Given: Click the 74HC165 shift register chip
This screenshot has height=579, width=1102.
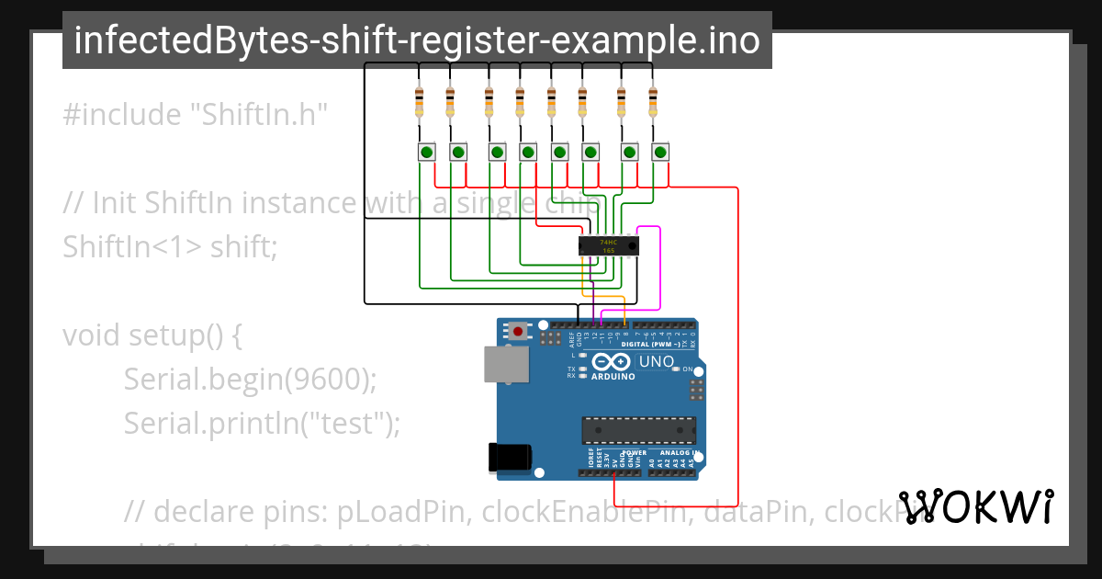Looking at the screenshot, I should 608,245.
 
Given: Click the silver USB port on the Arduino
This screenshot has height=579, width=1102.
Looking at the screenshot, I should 507,364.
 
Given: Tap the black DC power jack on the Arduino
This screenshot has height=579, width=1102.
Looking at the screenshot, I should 511,457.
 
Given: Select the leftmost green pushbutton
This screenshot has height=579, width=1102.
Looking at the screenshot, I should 427,152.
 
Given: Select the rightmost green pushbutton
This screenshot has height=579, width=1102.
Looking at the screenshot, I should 660,152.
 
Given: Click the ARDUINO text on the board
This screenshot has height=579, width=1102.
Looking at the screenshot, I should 613,377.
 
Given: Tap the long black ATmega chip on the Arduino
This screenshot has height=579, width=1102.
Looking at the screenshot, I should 638,430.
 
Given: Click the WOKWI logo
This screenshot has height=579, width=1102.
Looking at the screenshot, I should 975,506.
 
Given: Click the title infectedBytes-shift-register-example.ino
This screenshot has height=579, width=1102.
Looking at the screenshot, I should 417,40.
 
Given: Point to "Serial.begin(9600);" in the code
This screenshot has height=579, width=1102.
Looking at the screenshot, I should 250,379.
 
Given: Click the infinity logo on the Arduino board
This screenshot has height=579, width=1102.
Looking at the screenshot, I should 613,361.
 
